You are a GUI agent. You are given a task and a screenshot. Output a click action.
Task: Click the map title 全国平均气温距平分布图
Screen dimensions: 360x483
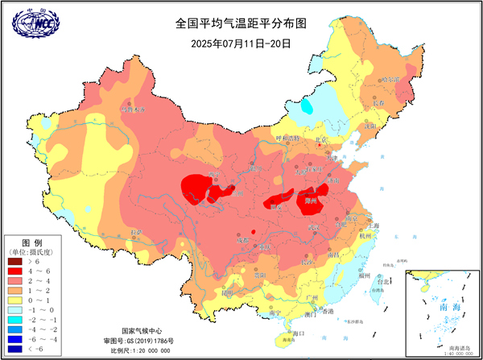point(241,24)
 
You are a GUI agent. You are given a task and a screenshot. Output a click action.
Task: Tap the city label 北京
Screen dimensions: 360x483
point(322,140)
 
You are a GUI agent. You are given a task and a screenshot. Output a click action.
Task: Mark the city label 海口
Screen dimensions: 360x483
point(299,333)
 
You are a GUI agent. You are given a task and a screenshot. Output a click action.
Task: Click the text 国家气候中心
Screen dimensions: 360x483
point(140,331)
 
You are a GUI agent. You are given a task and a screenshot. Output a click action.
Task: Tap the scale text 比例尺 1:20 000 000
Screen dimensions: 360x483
point(140,351)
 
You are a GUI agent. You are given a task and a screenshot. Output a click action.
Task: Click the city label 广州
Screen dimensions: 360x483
point(313,299)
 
